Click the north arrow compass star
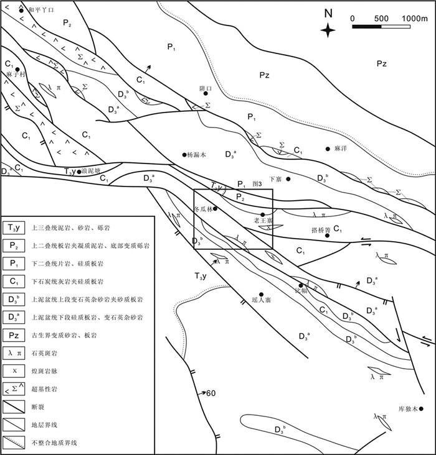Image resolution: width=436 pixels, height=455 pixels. click(329, 30)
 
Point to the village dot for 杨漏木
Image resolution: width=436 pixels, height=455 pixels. click(184, 155)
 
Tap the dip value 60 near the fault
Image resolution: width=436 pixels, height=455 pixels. click(211, 393)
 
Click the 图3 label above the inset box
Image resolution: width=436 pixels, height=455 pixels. click(257, 184)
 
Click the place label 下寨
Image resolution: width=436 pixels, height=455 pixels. click(275, 179)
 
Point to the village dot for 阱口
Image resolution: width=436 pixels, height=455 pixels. click(197, 94)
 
